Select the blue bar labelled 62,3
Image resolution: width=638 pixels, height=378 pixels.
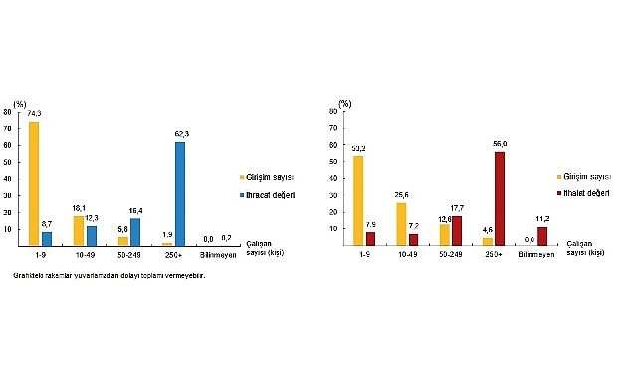point(180,193)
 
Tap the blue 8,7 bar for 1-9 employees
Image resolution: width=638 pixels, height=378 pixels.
point(46,238)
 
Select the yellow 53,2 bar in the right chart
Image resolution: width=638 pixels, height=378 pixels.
point(358,200)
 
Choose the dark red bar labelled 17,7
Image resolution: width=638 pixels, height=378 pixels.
point(458,230)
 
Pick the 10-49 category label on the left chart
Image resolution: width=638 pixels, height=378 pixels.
point(84,255)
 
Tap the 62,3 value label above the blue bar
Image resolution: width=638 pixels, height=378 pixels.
point(180,136)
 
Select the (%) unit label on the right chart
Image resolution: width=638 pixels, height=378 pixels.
point(344,103)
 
